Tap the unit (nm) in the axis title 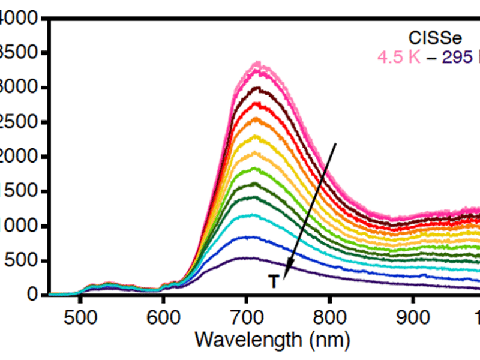tap(328, 340)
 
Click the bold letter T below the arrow tap(274, 282)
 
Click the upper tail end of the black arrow tap(336, 144)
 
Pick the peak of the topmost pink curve tap(257, 62)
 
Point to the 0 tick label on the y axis tap(35, 295)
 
